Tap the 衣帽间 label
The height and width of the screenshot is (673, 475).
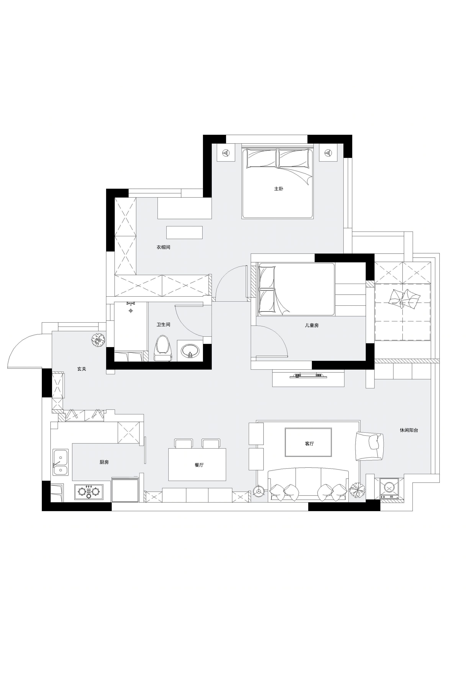pos(163,247)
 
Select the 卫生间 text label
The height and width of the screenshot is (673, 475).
pos(163,325)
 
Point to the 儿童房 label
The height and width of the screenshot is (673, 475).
pos(312,325)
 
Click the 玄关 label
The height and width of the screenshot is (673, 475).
pos(82,369)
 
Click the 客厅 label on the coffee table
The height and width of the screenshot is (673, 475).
pos(309,444)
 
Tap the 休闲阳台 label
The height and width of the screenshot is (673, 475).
pos(409,430)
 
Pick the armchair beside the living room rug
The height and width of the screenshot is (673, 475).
pos(369,446)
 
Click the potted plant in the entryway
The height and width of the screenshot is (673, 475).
pos(98,340)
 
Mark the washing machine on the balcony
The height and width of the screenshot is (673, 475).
pos(389,488)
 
